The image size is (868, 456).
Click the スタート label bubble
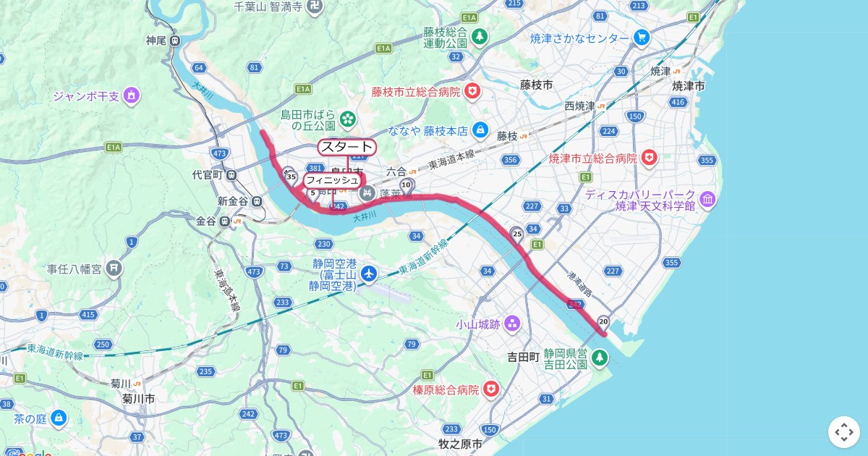347,147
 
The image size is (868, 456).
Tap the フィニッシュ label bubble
331,180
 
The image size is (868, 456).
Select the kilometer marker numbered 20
603,321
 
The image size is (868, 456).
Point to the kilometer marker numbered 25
516,234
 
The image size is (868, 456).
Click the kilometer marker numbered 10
407,184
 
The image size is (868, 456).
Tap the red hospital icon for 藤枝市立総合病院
472,92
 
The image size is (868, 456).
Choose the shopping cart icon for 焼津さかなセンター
641,37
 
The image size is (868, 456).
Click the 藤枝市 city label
536,85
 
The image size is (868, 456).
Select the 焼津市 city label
688,86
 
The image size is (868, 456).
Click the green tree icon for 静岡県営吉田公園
600,357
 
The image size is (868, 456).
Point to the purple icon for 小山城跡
513,322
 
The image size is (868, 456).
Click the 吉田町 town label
523,357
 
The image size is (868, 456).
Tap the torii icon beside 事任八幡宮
114,269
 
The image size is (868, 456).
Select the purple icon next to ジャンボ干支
131,95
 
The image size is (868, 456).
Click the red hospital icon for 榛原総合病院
492,389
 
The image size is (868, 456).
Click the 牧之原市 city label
461,444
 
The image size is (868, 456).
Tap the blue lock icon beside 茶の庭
59,418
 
